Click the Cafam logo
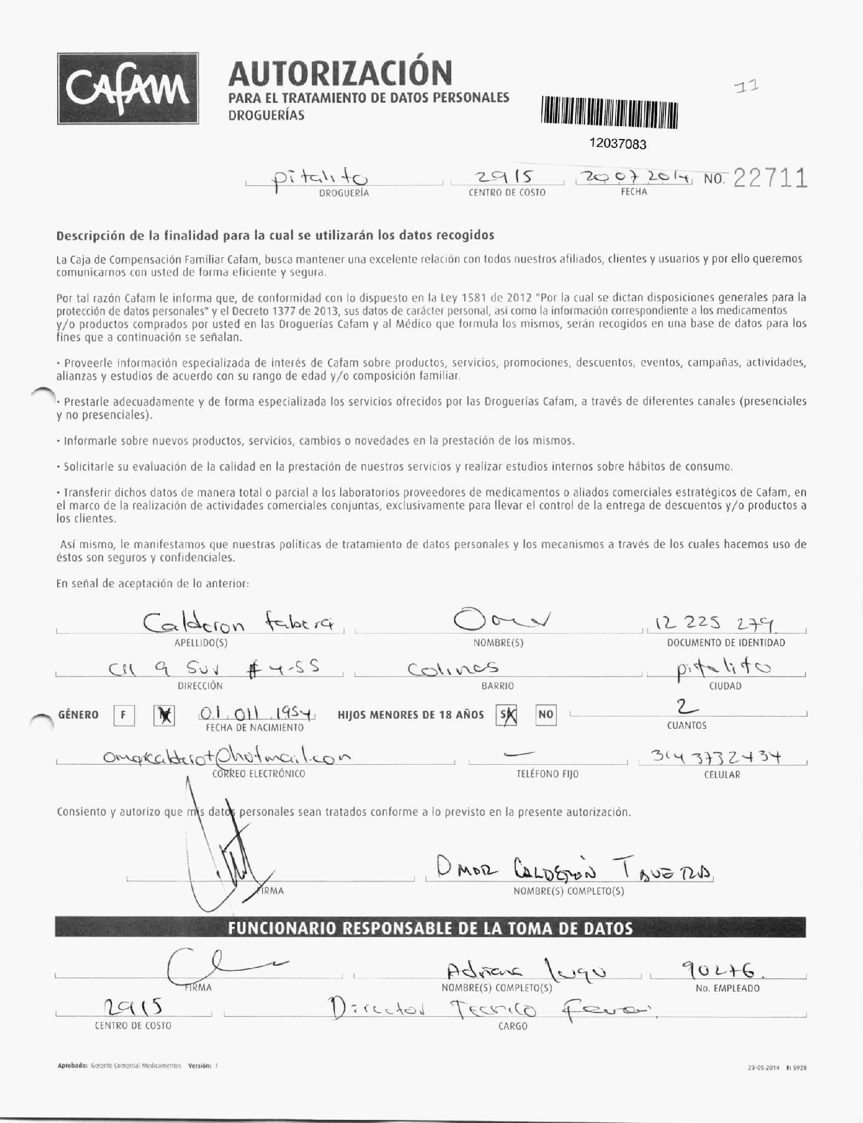coord(128,89)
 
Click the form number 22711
coord(770,179)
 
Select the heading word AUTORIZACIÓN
coord(340,73)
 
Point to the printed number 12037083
coord(618,144)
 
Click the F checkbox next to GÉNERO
coord(124,715)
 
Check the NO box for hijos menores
coord(545,714)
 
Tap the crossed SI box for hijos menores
coord(507,714)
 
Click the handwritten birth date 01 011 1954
coord(256,714)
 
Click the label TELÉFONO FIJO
coord(548,774)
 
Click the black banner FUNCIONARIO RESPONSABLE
coord(430,928)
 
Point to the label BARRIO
coord(498,686)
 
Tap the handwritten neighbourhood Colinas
coord(453,669)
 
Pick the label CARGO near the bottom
coord(513,1026)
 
